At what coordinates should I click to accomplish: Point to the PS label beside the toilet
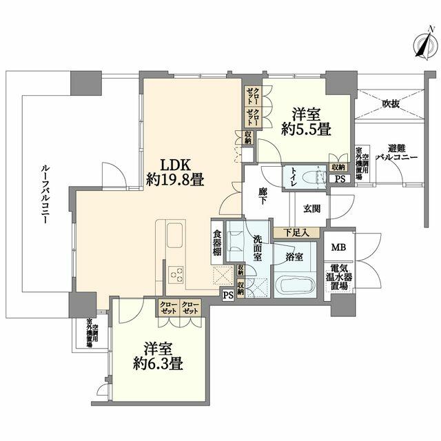tap(338, 178)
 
